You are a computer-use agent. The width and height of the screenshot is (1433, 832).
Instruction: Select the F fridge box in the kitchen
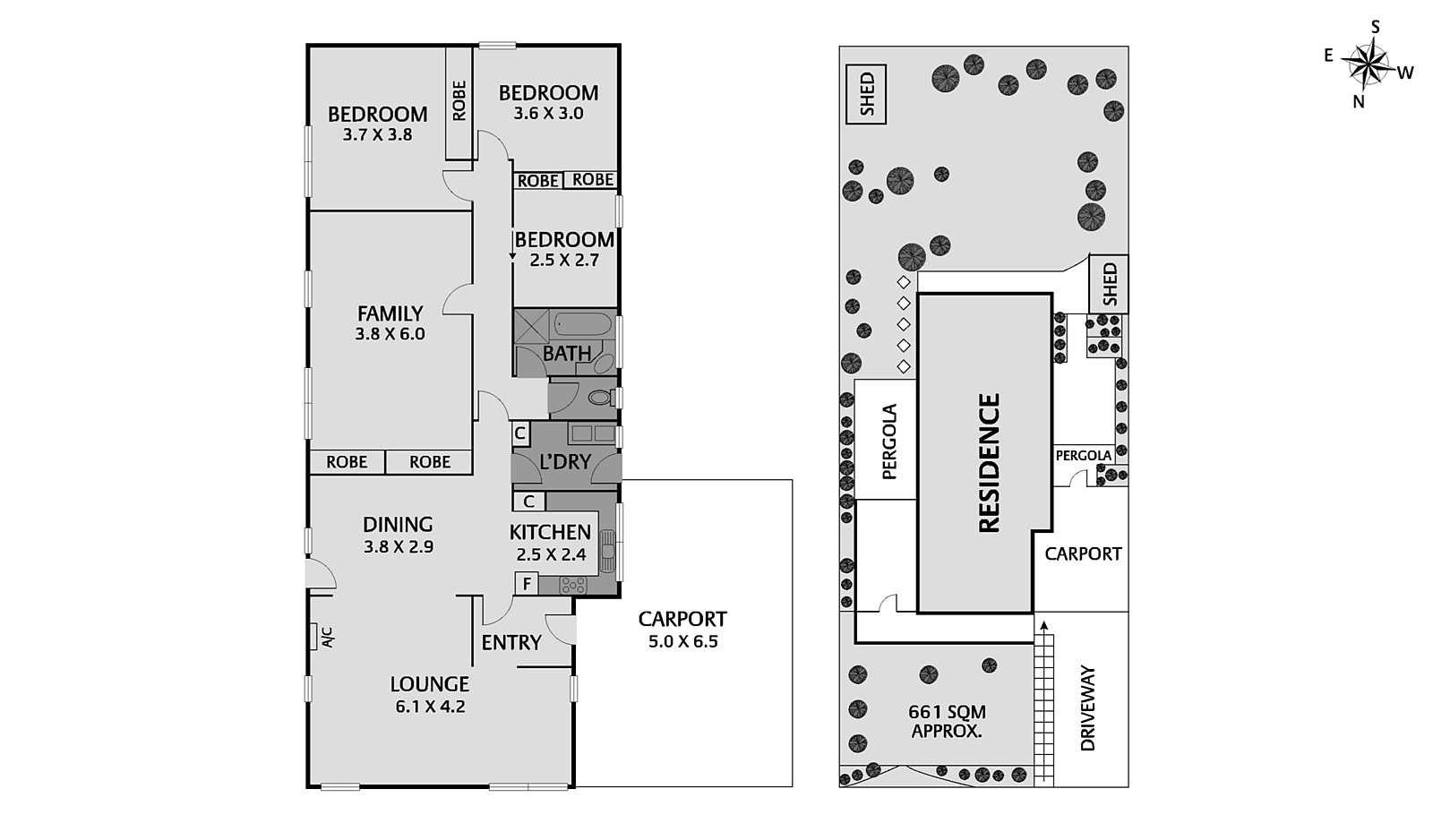click(x=527, y=584)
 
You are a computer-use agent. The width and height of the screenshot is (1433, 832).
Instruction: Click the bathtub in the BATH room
click(x=582, y=323)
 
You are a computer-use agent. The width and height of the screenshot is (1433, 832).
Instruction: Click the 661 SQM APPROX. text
click(x=947, y=721)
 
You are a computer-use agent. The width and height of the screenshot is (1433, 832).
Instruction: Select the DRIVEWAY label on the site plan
click(x=1087, y=708)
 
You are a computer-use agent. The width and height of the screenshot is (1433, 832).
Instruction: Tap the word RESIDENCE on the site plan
click(x=989, y=463)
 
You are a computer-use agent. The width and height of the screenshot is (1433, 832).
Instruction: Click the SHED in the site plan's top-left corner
click(x=866, y=94)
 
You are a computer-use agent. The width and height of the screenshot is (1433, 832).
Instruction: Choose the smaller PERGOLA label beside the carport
click(x=1083, y=455)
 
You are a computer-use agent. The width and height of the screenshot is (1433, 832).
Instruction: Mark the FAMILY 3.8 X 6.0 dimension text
click(x=390, y=334)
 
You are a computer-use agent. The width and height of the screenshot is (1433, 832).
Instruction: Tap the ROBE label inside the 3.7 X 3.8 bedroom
click(x=459, y=101)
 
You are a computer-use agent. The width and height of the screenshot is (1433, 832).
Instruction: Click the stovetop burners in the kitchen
click(x=573, y=585)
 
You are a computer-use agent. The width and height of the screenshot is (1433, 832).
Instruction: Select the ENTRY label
click(x=511, y=642)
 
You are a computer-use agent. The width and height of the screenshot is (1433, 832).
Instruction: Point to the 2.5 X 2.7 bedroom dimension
click(x=564, y=260)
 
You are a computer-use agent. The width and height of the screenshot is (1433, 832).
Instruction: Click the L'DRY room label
click(x=564, y=462)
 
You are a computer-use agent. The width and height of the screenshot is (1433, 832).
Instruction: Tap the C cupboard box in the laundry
click(x=519, y=433)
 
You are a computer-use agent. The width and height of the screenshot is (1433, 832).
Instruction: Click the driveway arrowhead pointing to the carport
click(x=1043, y=624)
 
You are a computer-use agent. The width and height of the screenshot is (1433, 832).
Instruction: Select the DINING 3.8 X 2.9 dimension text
click(x=398, y=546)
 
